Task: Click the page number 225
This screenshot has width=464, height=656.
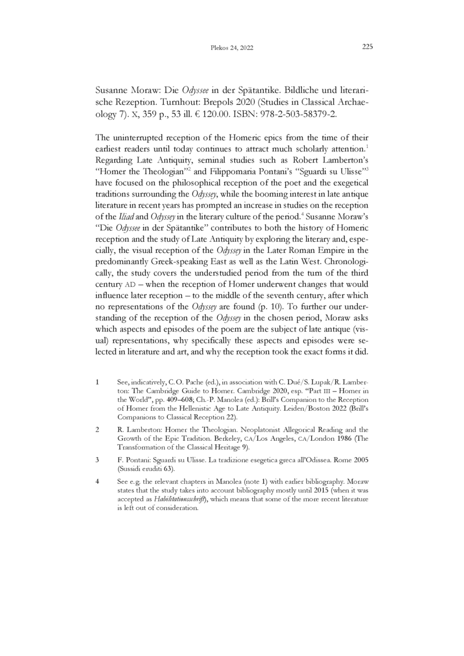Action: point(367,48)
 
